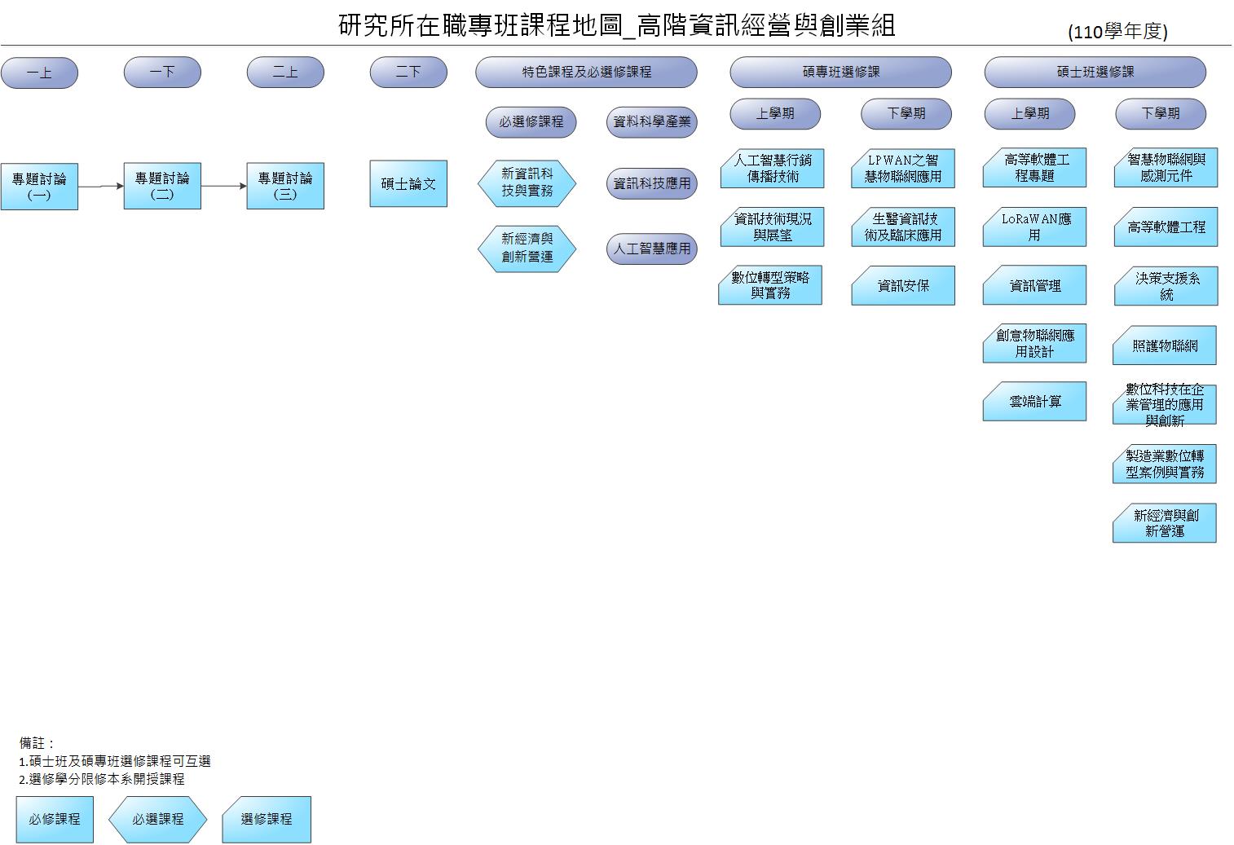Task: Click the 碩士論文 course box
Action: (x=408, y=183)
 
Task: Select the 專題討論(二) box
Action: (x=162, y=186)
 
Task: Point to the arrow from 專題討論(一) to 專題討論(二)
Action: (x=100, y=187)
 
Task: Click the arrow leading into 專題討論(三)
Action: (x=223, y=186)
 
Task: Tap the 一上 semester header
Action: (x=39, y=73)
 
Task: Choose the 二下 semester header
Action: (x=408, y=72)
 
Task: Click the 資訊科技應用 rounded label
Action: (x=652, y=183)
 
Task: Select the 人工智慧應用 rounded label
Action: (x=652, y=249)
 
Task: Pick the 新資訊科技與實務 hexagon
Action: (x=527, y=183)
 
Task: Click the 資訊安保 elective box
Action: (x=903, y=285)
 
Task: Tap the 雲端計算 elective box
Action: (x=1034, y=401)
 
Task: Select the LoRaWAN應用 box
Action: (x=1034, y=227)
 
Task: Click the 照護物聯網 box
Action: (x=1165, y=345)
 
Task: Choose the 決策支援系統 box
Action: (x=1166, y=286)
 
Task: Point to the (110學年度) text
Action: (x=1117, y=32)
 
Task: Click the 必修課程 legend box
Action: (x=55, y=819)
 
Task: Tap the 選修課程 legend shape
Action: (x=267, y=819)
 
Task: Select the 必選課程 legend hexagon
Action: (x=158, y=819)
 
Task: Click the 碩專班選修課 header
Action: (x=840, y=72)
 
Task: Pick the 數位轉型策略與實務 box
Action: (x=770, y=285)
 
